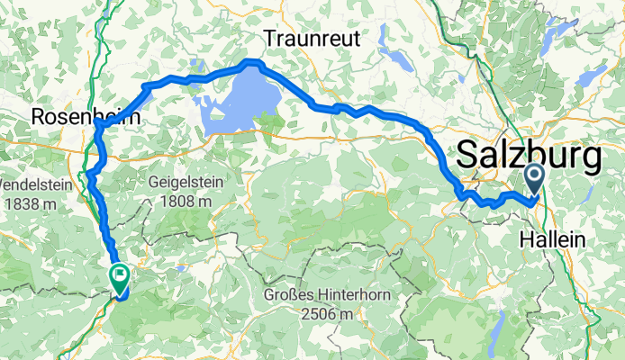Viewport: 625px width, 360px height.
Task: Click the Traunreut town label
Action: click(x=312, y=39)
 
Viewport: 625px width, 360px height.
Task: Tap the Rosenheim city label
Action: click(x=76, y=117)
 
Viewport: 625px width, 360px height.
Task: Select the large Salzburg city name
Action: click(x=530, y=157)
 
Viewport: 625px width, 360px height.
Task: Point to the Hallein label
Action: click(x=553, y=240)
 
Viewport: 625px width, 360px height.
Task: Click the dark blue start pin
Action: click(x=534, y=178)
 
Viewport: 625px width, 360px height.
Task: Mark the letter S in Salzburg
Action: click(x=468, y=157)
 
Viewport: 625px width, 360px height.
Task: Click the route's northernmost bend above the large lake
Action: click(x=252, y=63)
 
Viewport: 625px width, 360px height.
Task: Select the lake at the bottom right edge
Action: click(x=494, y=340)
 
